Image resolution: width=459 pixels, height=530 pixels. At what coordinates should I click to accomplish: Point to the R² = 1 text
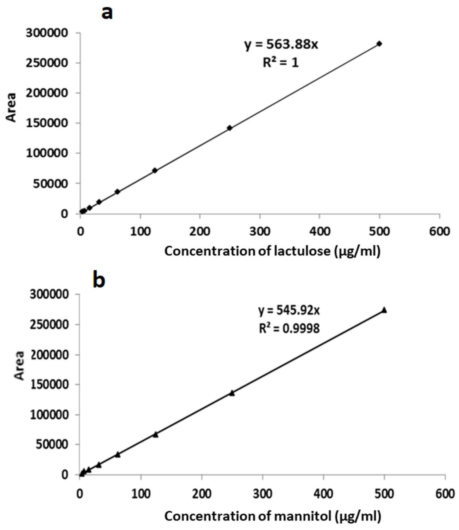click(x=281, y=62)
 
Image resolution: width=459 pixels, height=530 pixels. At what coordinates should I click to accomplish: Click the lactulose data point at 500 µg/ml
click(x=379, y=44)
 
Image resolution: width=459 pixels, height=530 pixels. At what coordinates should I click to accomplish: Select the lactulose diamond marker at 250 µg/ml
click(x=229, y=128)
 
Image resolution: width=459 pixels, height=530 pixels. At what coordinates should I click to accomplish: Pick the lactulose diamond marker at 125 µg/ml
click(x=155, y=170)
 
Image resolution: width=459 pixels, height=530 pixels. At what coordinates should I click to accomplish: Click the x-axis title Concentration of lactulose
click(x=272, y=251)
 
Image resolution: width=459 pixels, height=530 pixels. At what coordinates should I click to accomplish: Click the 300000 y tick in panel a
click(x=47, y=33)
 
